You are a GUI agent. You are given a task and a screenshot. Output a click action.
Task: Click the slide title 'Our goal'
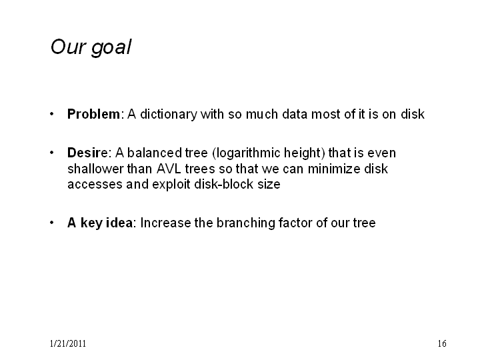coord(91,47)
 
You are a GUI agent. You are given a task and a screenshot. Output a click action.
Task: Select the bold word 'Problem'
coord(94,114)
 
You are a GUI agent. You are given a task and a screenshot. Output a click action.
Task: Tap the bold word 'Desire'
coord(87,153)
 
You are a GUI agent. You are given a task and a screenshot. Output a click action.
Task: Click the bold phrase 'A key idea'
coord(100,223)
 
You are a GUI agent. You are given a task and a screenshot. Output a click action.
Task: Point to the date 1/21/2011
coord(68,343)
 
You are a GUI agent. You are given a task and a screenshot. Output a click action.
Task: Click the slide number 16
coord(442,343)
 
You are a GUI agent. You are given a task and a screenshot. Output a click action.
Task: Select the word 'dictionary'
coord(169,115)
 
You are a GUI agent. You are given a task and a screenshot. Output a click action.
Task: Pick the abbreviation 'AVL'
coord(169,169)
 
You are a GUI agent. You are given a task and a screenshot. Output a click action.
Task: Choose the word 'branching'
coord(246,223)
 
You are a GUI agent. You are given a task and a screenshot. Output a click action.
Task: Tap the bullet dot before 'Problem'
coord(52,114)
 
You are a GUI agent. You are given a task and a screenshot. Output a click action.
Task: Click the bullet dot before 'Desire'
coord(52,153)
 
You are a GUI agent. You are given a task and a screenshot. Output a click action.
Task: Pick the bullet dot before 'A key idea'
coord(52,223)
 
